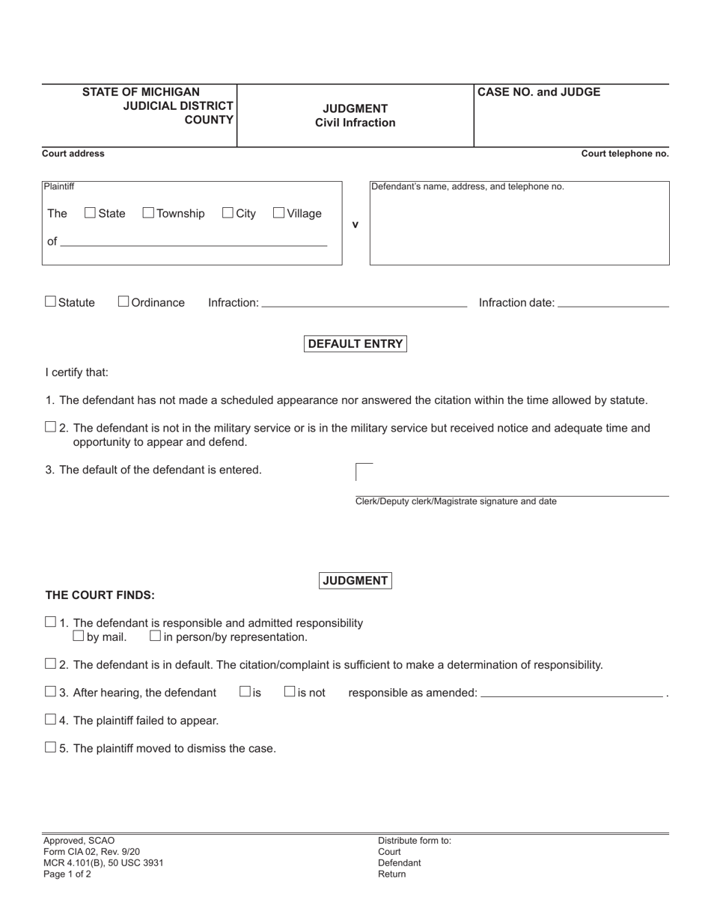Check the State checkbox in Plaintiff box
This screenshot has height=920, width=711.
pyautogui.click(x=91, y=213)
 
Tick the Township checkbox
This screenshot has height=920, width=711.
pyautogui.click(x=148, y=213)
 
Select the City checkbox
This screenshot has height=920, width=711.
pyautogui.click(x=228, y=213)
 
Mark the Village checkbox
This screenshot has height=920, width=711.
pyautogui.click(x=279, y=213)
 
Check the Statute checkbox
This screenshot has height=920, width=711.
pyautogui.click(x=51, y=301)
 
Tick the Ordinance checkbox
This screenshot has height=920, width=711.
pyautogui.click(x=123, y=301)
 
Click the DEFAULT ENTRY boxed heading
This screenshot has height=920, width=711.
pyautogui.click(x=355, y=344)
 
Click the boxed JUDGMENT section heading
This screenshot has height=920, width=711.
pyautogui.click(x=355, y=580)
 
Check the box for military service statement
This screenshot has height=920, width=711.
pyautogui.click(x=51, y=427)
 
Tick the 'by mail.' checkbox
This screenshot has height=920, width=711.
pyautogui.click(x=79, y=637)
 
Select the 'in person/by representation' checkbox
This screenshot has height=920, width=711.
pyautogui.click(x=156, y=637)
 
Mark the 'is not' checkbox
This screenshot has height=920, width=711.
pyautogui.click(x=290, y=692)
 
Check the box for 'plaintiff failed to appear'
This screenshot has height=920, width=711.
pyautogui.click(x=51, y=720)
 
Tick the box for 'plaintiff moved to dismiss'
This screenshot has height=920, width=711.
pyautogui.click(x=51, y=747)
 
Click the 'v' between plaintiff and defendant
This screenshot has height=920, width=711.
pyautogui.click(x=355, y=224)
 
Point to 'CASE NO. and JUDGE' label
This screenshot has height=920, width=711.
pyautogui.click(x=539, y=92)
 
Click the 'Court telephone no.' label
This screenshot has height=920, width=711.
pyautogui.click(x=625, y=154)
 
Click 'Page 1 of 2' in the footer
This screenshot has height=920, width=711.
pyautogui.click(x=67, y=874)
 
